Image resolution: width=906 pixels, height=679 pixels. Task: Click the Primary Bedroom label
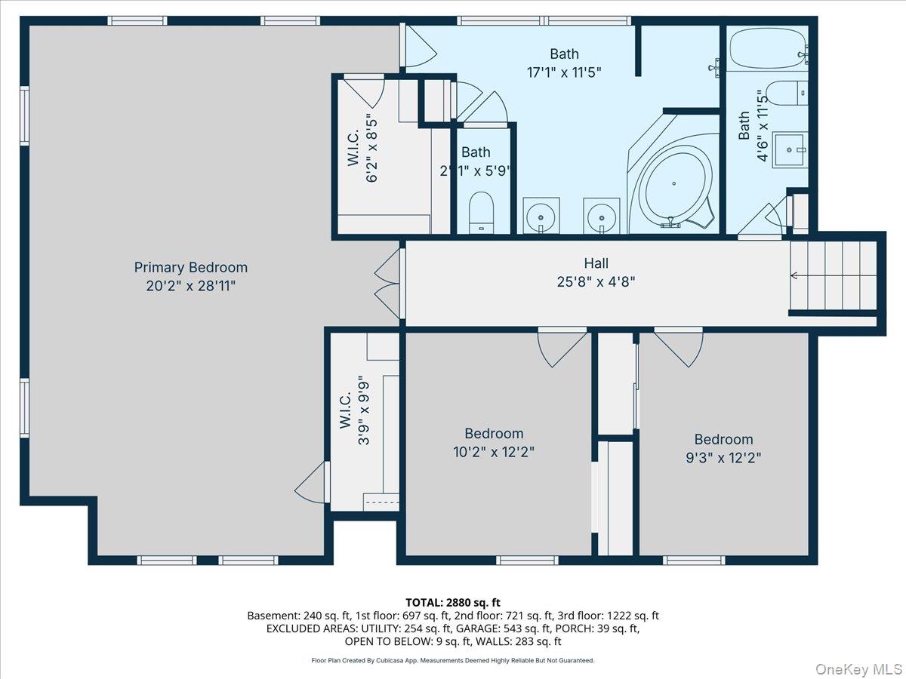(x=191, y=276)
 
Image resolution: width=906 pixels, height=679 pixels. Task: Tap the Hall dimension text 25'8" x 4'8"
(x=596, y=282)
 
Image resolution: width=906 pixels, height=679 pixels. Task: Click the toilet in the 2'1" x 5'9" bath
(x=482, y=212)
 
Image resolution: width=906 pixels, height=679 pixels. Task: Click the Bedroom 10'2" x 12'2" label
(x=494, y=443)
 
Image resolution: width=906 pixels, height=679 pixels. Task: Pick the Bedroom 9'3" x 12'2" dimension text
(x=723, y=458)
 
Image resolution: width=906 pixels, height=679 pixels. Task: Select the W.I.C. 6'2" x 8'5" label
(x=362, y=148)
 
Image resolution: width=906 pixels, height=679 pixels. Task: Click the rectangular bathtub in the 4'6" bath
(x=768, y=48)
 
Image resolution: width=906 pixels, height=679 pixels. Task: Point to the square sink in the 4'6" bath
(x=790, y=149)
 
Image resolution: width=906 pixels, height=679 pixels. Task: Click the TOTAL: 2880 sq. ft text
(x=453, y=603)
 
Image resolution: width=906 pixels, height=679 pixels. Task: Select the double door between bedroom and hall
(x=388, y=284)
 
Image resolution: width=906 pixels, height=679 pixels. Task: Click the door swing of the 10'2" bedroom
(x=562, y=349)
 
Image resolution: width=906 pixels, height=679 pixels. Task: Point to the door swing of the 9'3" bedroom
(x=678, y=349)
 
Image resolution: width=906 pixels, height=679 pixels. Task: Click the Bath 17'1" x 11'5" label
(x=564, y=63)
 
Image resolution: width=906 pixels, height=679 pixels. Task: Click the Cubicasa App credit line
(x=453, y=660)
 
